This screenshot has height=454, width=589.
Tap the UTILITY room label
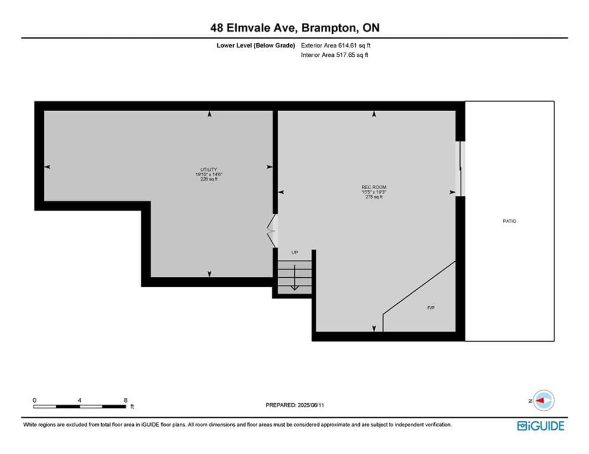tap(208, 170)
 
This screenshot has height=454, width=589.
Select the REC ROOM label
tap(374, 187)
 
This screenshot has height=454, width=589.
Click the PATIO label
tap(509, 221)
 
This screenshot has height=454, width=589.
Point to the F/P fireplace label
tap(431, 308)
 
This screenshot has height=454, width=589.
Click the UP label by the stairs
tap(295, 252)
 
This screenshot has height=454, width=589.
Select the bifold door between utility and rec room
tap(272, 231)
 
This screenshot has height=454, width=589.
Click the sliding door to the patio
tap(460, 168)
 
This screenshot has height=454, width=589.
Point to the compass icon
tap(543, 400)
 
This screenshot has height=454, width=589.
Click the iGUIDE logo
tap(540, 426)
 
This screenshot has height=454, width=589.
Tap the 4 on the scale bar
tap(80, 400)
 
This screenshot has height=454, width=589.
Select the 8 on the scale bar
tap(125, 400)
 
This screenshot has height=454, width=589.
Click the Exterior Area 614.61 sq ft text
tap(336, 46)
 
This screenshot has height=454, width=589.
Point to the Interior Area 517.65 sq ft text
tap(334, 55)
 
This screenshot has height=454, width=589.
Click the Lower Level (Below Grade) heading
tap(256, 46)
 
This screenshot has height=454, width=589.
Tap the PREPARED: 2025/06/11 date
tap(295, 405)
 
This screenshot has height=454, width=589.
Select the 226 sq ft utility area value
tap(209, 179)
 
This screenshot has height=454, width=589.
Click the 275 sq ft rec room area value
tap(374, 197)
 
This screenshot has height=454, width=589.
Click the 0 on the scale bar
tap(34, 400)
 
